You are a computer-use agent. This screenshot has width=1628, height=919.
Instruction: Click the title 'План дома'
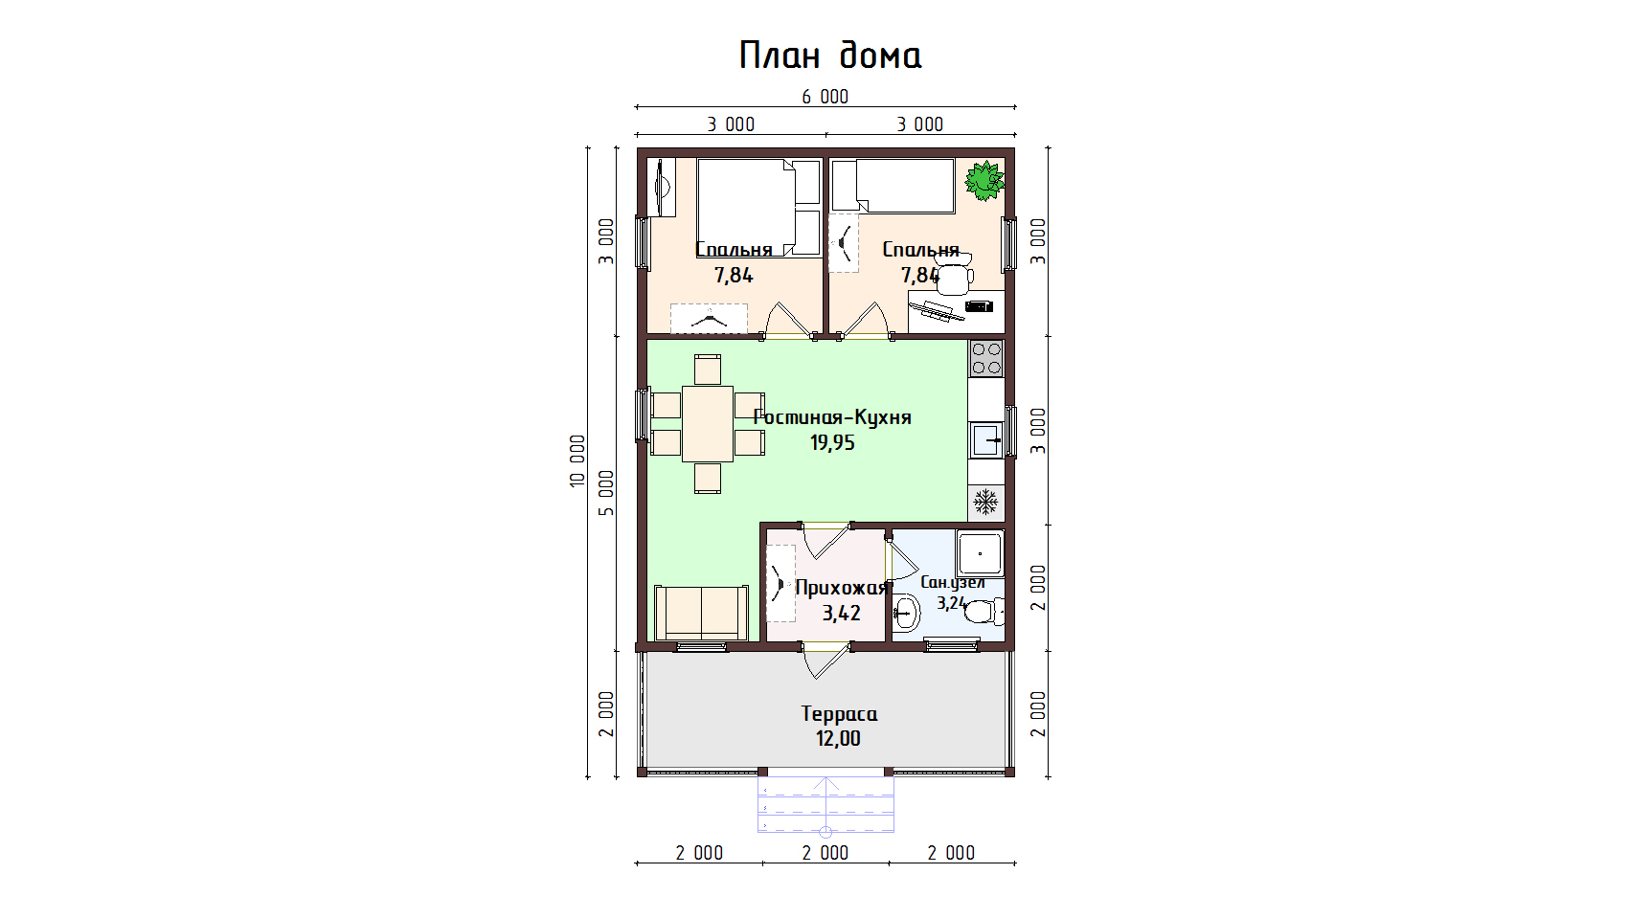click(x=830, y=56)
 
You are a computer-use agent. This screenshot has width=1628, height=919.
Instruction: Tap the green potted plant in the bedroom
click(x=984, y=181)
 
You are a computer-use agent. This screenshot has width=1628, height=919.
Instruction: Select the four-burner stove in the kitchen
click(x=986, y=359)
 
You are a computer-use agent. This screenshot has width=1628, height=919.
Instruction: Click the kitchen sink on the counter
click(x=986, y=439)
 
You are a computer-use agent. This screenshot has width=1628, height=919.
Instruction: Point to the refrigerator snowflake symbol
click(x=985, y=502)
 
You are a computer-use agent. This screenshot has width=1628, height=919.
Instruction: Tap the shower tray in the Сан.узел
click(x=980, y=553)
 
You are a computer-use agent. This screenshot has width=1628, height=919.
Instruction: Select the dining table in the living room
click(x=707, y=424)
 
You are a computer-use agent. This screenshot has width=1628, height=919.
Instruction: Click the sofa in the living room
click(x=701, y=613)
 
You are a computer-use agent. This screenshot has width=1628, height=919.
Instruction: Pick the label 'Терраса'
click(x=839, y=714)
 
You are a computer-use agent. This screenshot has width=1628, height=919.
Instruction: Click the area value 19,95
click(x=832, y=442)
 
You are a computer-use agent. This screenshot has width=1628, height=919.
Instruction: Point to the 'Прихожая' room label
click(x=841, y=588)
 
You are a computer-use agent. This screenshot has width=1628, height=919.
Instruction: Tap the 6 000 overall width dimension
click(x=825, y=97)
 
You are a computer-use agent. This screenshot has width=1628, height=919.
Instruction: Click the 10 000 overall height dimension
click(x=577, y=460)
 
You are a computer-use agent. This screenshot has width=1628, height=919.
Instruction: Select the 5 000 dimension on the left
click(x=606, y=493)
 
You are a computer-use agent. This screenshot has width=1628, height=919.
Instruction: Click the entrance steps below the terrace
click(x=825, y=804)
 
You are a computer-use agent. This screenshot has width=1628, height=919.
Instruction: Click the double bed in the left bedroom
click(x=758, y=208)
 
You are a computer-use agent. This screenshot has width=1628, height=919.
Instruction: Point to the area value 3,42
click(x=841, y=614)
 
